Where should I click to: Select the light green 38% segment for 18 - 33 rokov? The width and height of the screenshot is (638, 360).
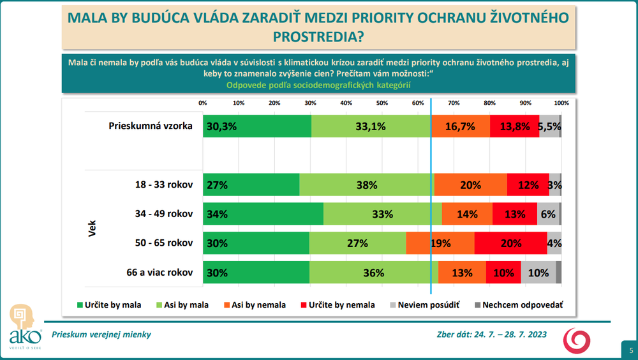[366, 185]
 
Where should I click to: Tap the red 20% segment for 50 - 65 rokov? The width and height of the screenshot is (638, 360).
[510, 243]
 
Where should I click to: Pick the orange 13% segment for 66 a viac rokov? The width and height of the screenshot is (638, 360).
[462, 273]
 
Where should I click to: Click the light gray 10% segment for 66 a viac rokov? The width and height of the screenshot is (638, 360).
[538, 273]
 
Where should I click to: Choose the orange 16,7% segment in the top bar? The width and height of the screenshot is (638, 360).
[461, 126]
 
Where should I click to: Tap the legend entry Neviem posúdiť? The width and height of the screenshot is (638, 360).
[428, 305]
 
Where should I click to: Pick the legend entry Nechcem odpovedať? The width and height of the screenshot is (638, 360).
[517, 305]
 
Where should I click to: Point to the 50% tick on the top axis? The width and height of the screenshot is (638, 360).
[382, 103]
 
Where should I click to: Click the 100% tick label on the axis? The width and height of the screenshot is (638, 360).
[561, 103]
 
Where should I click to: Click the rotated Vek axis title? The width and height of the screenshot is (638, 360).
[92, 229]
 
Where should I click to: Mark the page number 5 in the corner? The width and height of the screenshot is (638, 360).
[630, 350]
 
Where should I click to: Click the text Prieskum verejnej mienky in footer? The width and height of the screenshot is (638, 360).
[101, 334]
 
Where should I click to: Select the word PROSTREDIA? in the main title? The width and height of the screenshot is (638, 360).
[318, 37]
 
